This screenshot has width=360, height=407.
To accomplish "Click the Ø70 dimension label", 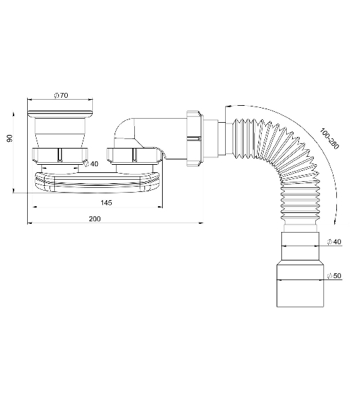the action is point(61,95).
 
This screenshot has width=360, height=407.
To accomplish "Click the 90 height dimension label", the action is point(9,138).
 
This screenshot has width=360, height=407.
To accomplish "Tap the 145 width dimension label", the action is point(106,202).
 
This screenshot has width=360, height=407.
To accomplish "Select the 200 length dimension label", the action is point(95,219).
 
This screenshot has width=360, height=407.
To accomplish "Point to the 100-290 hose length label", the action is point(329,138).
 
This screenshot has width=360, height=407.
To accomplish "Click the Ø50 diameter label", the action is point(334,275).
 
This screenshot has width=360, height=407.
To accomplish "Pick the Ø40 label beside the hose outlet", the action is point(334,242).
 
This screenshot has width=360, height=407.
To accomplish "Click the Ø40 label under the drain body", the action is point(92,163).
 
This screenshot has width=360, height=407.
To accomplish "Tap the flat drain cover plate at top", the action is point(60,114).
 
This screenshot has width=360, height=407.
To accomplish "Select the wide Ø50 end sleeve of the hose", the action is point(300,286).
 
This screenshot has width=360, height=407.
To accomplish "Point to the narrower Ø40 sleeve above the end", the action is point(300,248).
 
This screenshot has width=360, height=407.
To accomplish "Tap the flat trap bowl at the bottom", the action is point(98,182).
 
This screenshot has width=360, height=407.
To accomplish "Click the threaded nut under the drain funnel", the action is point(60,155).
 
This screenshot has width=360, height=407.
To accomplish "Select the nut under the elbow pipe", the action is point(134,155).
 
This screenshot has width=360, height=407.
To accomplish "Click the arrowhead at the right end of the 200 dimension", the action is point(201,222).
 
